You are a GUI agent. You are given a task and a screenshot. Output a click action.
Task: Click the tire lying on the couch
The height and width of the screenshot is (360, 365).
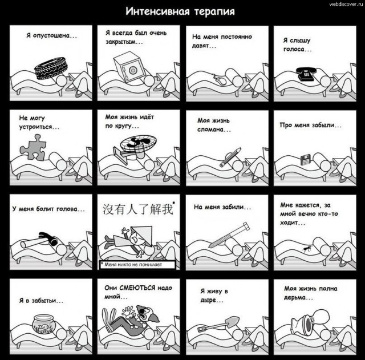click(51, 69)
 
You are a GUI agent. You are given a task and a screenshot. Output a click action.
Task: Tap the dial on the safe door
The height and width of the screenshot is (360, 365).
click(132, 70)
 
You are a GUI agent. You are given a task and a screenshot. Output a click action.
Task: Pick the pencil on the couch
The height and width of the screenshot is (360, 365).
click(230, 157)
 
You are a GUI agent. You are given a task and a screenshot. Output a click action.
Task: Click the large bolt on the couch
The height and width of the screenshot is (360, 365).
click(229, 234)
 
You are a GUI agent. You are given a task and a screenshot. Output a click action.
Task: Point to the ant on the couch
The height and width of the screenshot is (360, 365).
click(307, 249)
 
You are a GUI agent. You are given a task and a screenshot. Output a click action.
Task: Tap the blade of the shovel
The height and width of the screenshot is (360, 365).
click(233, 321)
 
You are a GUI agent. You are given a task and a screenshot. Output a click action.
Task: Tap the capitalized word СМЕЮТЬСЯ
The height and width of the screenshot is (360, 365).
click(137, 288)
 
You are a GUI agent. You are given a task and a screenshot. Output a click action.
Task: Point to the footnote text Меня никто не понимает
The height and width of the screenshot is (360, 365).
click(133, 265)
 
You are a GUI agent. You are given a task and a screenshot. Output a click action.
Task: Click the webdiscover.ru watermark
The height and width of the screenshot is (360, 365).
click(346, 4)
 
